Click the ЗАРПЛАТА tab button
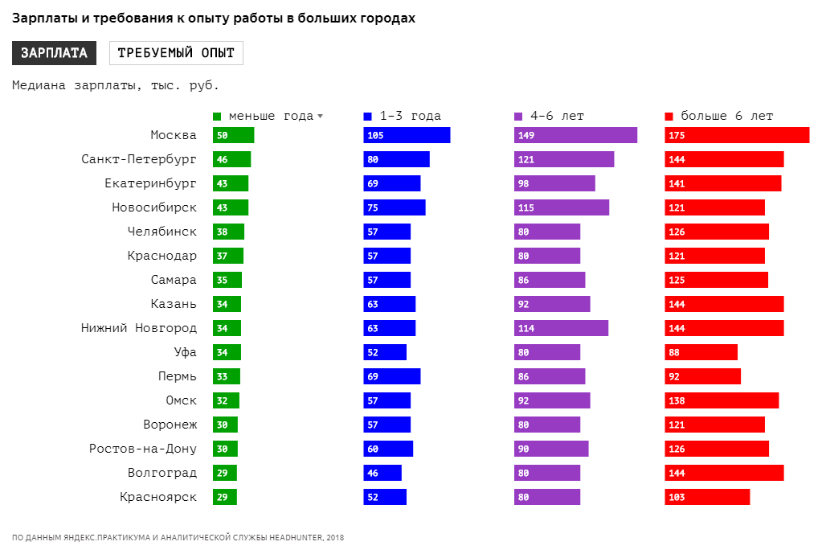point(54,53)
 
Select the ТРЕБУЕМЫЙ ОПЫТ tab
point(176,53)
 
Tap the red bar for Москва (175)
point(737,135)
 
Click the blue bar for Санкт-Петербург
point(396,159)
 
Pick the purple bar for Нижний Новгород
point(561,328)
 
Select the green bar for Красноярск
point(224,497)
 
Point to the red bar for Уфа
point(701,352)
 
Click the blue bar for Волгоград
point(382,473)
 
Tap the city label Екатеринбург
point(150,183)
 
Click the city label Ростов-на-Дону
point(142,449)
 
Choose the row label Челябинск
point(162,232)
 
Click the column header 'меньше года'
point(271,116)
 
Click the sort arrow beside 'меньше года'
point(320,116)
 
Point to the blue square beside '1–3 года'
point(368,116)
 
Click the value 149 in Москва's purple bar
point(526,136)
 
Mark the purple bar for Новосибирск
point(561,207)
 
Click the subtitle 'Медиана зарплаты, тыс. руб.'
point(116,85)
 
